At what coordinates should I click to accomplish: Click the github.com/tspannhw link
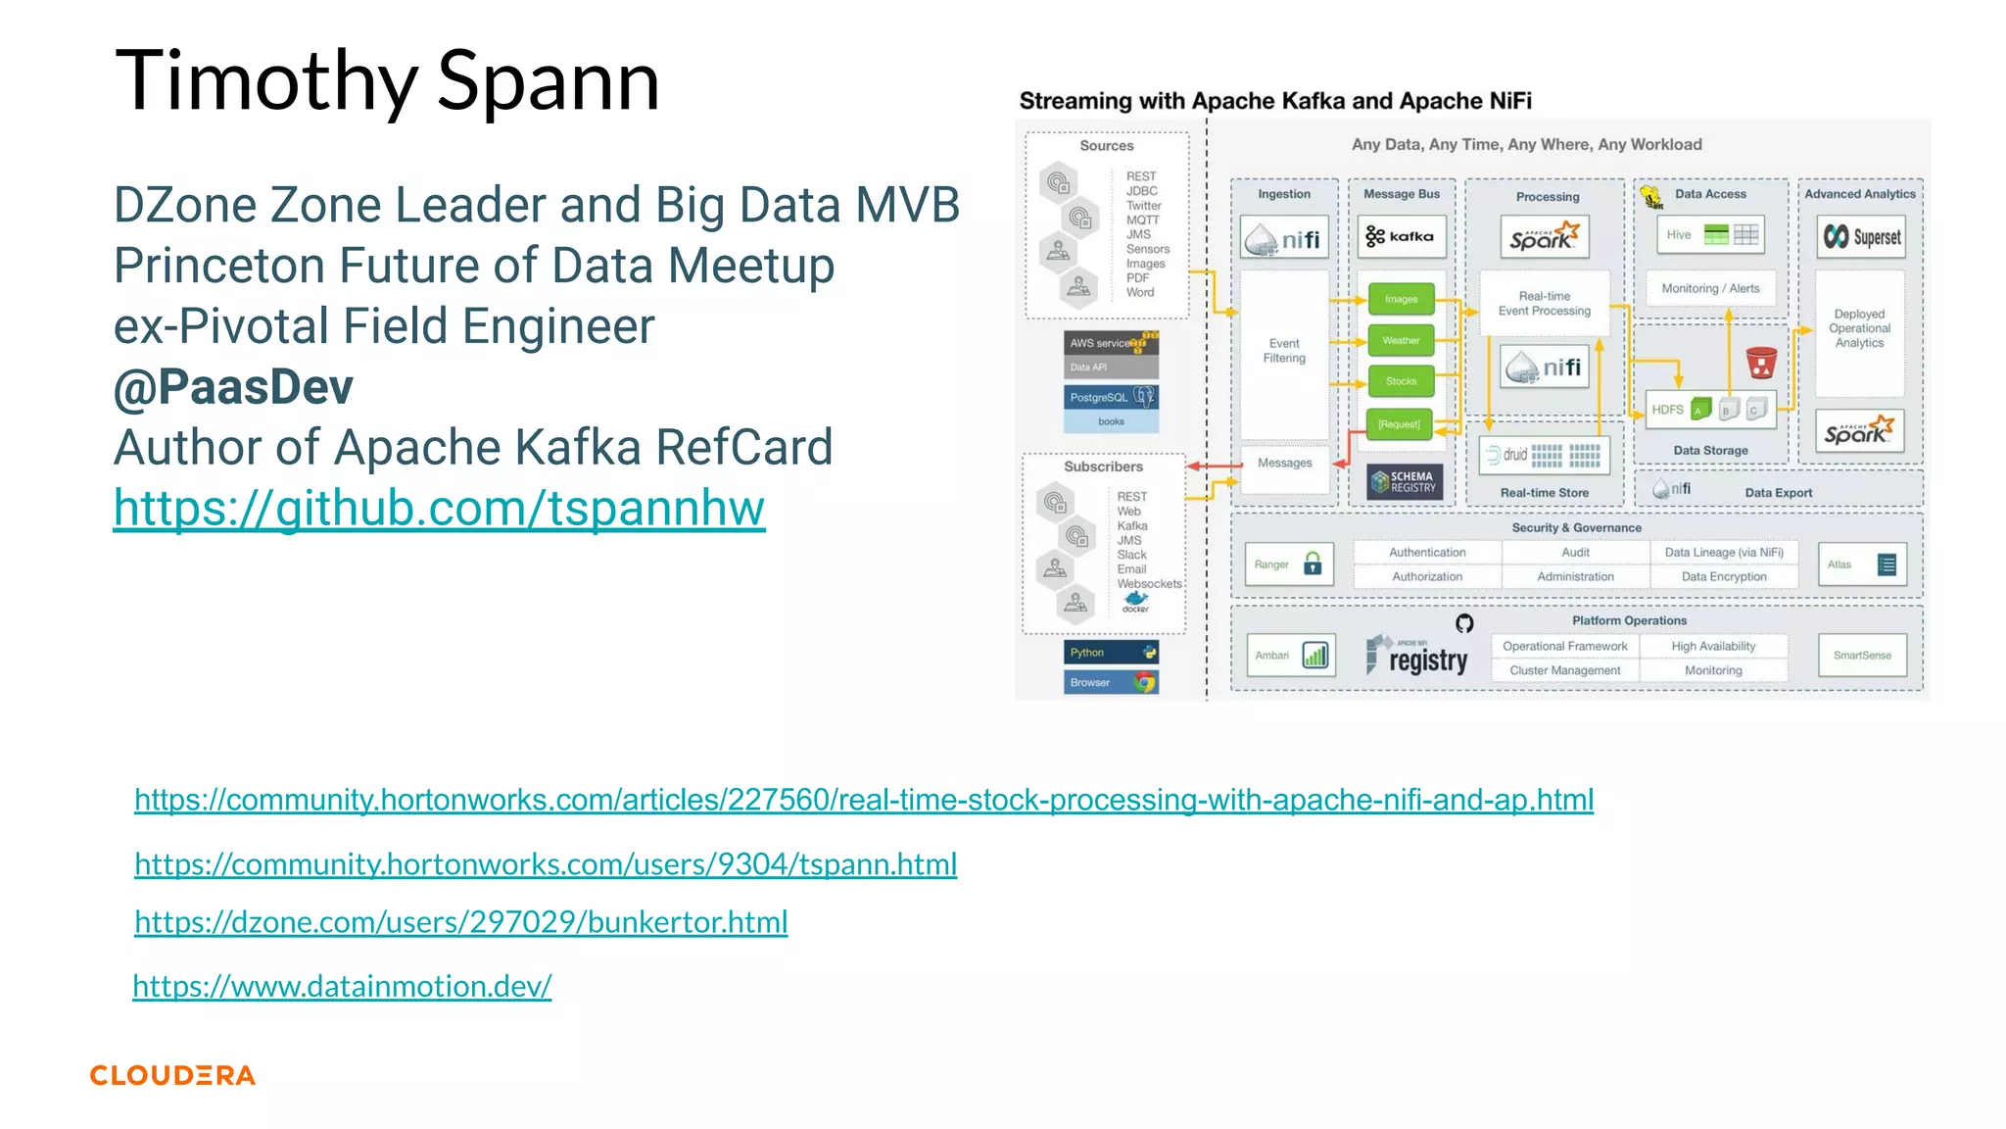[x=439, y=509]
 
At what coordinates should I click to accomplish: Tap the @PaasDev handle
[x=233, y=387]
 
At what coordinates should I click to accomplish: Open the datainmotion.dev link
[x=342, y=986]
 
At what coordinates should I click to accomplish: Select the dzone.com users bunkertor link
[x=460, y=922]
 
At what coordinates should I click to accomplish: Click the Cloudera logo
[x=172, y=1075]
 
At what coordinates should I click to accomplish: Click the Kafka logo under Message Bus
[x=1401, y=236]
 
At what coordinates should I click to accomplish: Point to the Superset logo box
[x=1860, y=236]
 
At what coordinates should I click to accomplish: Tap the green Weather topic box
[x=1401, y=340]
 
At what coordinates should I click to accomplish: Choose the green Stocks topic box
[x=1401, y=381]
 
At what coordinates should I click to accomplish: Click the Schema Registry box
[x=1404, y=481]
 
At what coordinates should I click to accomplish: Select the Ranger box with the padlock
[x=1288, y=564]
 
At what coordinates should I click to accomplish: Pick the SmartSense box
[x=1862, y=655]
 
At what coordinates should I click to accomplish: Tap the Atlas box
[x=1861, y=564]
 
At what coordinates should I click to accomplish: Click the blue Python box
[x=1111, y=653]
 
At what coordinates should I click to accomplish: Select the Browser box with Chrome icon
[x=1111, y=682]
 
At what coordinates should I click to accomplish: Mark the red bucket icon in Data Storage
[x=1760, y=363]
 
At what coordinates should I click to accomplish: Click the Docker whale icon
[x=1135, y=600]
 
